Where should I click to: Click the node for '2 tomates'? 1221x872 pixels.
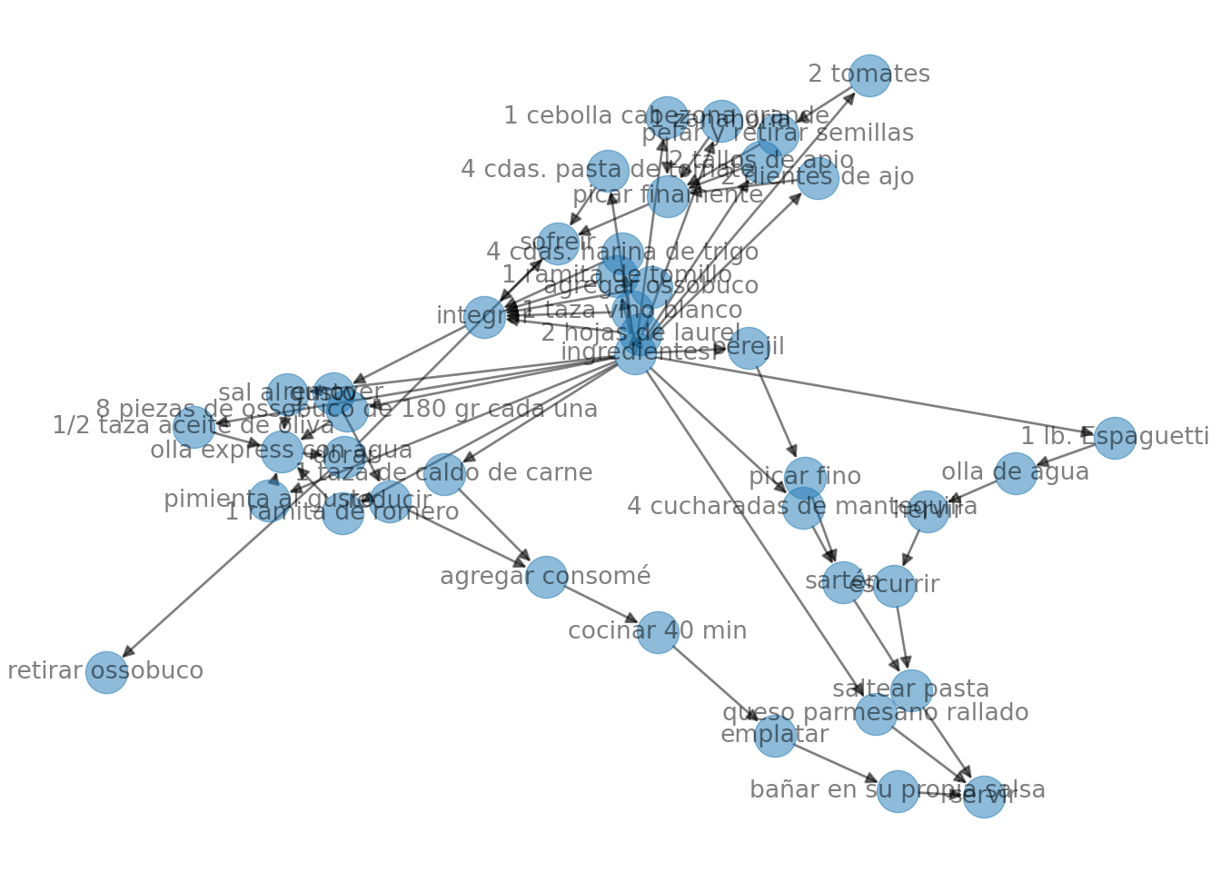pos(869,75)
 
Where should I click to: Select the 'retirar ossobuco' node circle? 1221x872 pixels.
pos(106,672)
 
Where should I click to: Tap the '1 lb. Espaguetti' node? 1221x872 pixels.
pos(1114,438)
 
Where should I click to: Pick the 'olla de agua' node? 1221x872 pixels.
pos(1015,473)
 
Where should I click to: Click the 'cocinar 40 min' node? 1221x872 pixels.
pos(658,632)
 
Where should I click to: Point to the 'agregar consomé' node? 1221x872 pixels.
pos(546,577)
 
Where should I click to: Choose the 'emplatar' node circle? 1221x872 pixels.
pos(775,735)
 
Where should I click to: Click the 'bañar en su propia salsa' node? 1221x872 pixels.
pos(898,791)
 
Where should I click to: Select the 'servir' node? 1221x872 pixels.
pos(984,797)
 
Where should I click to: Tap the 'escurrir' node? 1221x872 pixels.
pos(894,586)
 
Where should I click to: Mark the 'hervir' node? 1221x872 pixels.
pos(927,511)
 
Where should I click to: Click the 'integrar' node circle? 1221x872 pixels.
pos(484,317)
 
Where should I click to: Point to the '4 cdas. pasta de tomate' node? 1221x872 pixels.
pos(608,171)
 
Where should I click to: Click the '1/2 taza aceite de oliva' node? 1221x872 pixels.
pos(194,427)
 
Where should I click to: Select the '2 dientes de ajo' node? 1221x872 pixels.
pos(818,178)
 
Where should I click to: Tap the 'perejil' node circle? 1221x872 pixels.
pos(748,348)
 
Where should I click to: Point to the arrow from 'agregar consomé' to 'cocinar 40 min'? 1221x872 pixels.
pos(601,604)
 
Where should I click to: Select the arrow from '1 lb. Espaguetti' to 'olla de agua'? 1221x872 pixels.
pos(1065,455)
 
